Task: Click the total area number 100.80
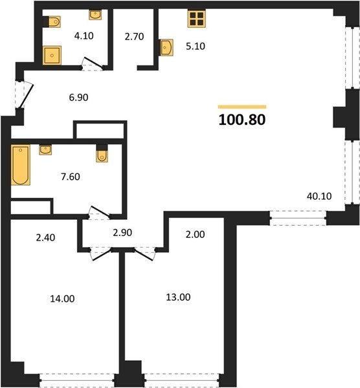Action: tap(242, 120)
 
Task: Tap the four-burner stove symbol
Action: tap(197, 19)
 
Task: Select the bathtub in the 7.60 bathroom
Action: tap(21, 165)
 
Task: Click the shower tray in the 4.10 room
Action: tap(52, 56)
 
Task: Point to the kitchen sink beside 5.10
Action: tap(166, 47)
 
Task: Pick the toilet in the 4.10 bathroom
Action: tap(54, 21)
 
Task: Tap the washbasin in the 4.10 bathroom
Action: tap(95, 15)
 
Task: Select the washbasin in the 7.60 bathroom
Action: tap(45, 150)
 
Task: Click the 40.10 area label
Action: tap(319, 196)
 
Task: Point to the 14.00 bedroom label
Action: tap(62, 299)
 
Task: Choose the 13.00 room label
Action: tap(178, 297)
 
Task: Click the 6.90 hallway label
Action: tap(78, 98)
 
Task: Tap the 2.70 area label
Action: tap(134, 37)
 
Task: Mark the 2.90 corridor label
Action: tap(122, 233)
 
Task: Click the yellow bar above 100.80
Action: tap(242, 107)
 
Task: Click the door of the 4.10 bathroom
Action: tap(92, 64)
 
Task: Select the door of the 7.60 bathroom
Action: tap(99, 213)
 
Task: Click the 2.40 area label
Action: tap(45, 237)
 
